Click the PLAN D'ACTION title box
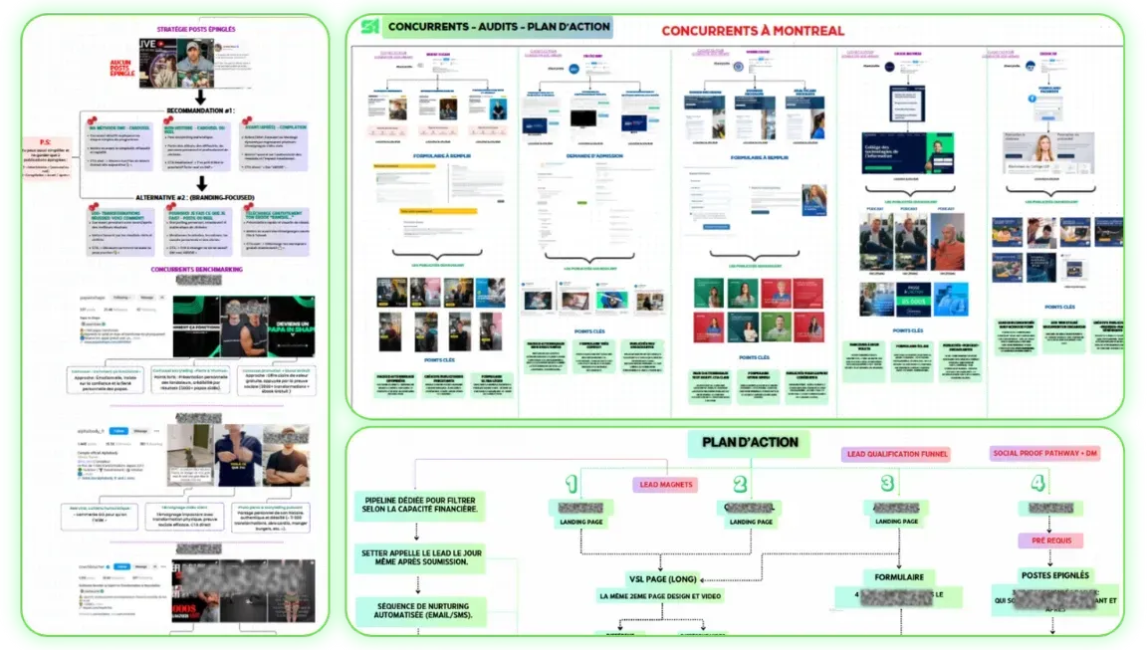coord(742,443)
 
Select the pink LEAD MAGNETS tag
coord(665,485)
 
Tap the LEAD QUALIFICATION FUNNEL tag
coord(896,454)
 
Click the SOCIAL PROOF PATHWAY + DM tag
coord(1045,454)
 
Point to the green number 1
coord(572,485)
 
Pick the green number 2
coord(740,485)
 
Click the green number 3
coord(887,485)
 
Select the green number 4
coord(1038,485)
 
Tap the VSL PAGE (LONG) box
coord(663,577)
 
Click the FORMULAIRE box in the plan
coord(898,577)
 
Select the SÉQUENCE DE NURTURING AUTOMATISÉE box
coord(417,610)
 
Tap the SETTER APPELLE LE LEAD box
coord(417,558)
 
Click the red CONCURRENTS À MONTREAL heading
coord(753,31)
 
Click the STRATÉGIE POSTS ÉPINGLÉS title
coord(198,29)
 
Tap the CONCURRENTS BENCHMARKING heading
coord(200,269)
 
